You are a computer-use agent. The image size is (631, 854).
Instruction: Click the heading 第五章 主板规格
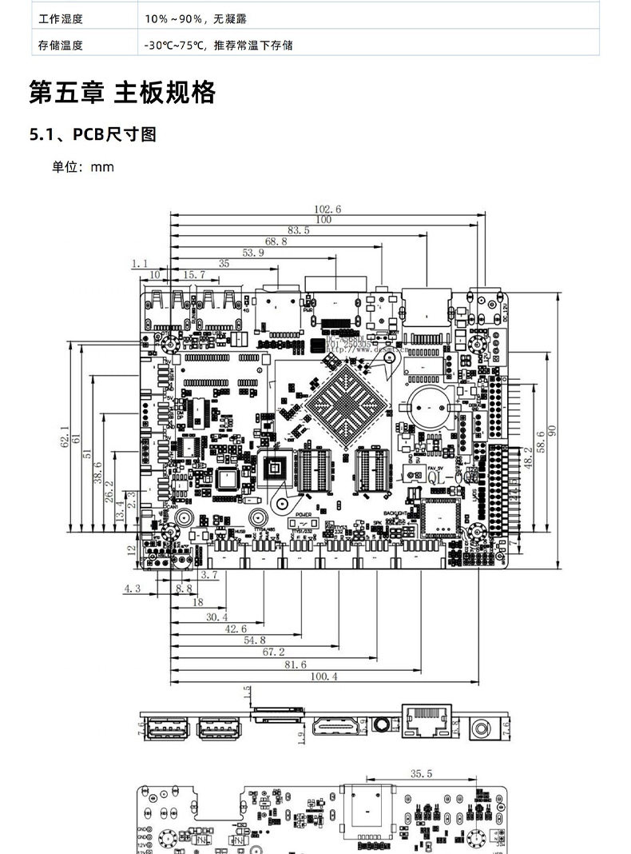pyautogui.click(x=122, y=93)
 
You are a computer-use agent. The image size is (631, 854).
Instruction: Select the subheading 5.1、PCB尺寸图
pyautogui.click(x=93, y=134)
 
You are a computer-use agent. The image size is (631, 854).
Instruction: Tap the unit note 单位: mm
pyautogui.click(x=83, y=166)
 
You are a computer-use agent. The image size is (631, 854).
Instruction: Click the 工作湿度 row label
pyautogui.click(x=61, y=18)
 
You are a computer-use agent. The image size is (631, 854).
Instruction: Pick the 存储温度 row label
pyautogui.click(x=61, y=46)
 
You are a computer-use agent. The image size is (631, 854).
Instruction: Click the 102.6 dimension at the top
pyautogui.click(x=327, y=209)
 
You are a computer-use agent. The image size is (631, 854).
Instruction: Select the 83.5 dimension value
pyautogui.click(x=298, y=230)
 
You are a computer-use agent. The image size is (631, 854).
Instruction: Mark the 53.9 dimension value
pyautogui.click(x=252, y=253)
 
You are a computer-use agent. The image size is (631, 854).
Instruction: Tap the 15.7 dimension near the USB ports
pyautogui.click(x=195, y=274)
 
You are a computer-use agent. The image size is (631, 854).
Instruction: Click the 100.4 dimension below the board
pyautogui.click(x=323, y=676)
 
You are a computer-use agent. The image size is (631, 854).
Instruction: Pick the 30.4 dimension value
pyautogui.click(x=216, y=617)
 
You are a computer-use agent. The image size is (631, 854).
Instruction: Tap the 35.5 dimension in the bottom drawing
pyautogui.click(x=421, y=773)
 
